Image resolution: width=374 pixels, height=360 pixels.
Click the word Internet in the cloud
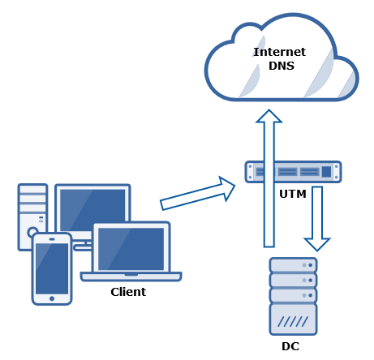click(x=280, y=52)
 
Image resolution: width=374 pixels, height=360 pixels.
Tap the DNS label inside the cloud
click(x=282, y=66)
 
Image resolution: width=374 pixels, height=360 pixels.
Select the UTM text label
click(x=293, y=194)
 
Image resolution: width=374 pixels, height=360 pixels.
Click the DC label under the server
click(x=290, y=346)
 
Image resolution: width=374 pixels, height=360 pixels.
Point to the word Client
click(x=128, y=292)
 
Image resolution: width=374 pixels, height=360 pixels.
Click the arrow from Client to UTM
click(x=198, y=193)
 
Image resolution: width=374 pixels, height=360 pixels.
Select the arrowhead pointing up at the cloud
click(x=269, y=116)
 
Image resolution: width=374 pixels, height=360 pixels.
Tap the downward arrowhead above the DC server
click(x=317, y=244)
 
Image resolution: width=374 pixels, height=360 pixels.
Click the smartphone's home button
click(x=52, y=298)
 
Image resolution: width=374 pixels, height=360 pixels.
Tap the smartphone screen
click(x=52, y=268)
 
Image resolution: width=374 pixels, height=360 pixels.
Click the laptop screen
click(x=131, y=249)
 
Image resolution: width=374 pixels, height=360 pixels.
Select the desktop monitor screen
click(x=92, y=208)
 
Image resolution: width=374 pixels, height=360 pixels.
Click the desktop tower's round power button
click(x=32, y=232)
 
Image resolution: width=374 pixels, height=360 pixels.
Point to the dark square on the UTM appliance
click(x=326, y=172)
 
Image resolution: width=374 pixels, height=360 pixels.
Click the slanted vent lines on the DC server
click(x=293, y=321)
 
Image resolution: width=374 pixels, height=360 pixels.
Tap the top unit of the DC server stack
click(x=294, y=265)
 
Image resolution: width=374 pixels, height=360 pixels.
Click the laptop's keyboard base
click(x=131, y=276)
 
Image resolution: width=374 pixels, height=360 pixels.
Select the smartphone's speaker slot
click(x=52, y=239)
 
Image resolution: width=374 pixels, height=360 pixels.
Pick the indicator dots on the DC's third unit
click(x=307, y=295)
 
